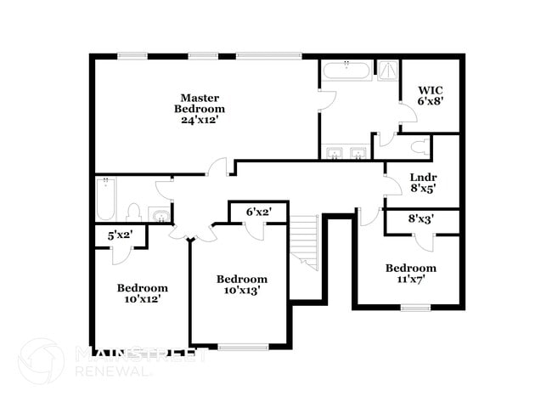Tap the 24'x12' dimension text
tap(200, 120)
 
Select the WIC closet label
tap(431, 89)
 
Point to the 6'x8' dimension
tap(431, 101)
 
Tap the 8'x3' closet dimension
tap(421, 219)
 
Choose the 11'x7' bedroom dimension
tap(410, 279)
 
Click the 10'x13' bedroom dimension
tap(241, 290)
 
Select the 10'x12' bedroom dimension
tap(142, 298)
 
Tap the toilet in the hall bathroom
tap(133, 212)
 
